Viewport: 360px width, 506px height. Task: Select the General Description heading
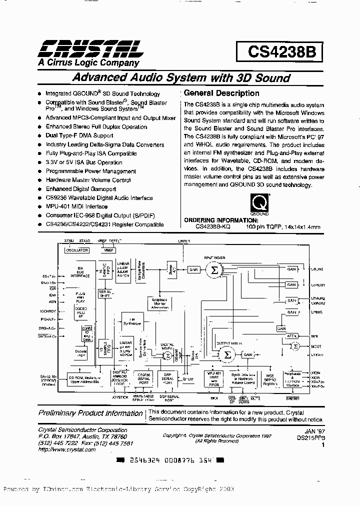[221, 93]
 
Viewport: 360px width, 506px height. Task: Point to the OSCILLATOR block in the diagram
[76, 249]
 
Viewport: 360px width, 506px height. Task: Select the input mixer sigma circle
[214, 270]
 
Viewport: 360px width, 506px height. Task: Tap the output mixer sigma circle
[227, 354]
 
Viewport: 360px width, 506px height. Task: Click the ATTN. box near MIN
[292, 336]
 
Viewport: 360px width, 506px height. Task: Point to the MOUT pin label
[315, 345]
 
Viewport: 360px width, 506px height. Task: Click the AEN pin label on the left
[51, 301]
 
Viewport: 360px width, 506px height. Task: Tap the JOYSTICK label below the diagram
[120, 397]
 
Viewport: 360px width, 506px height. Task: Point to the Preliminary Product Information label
[91, 413]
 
